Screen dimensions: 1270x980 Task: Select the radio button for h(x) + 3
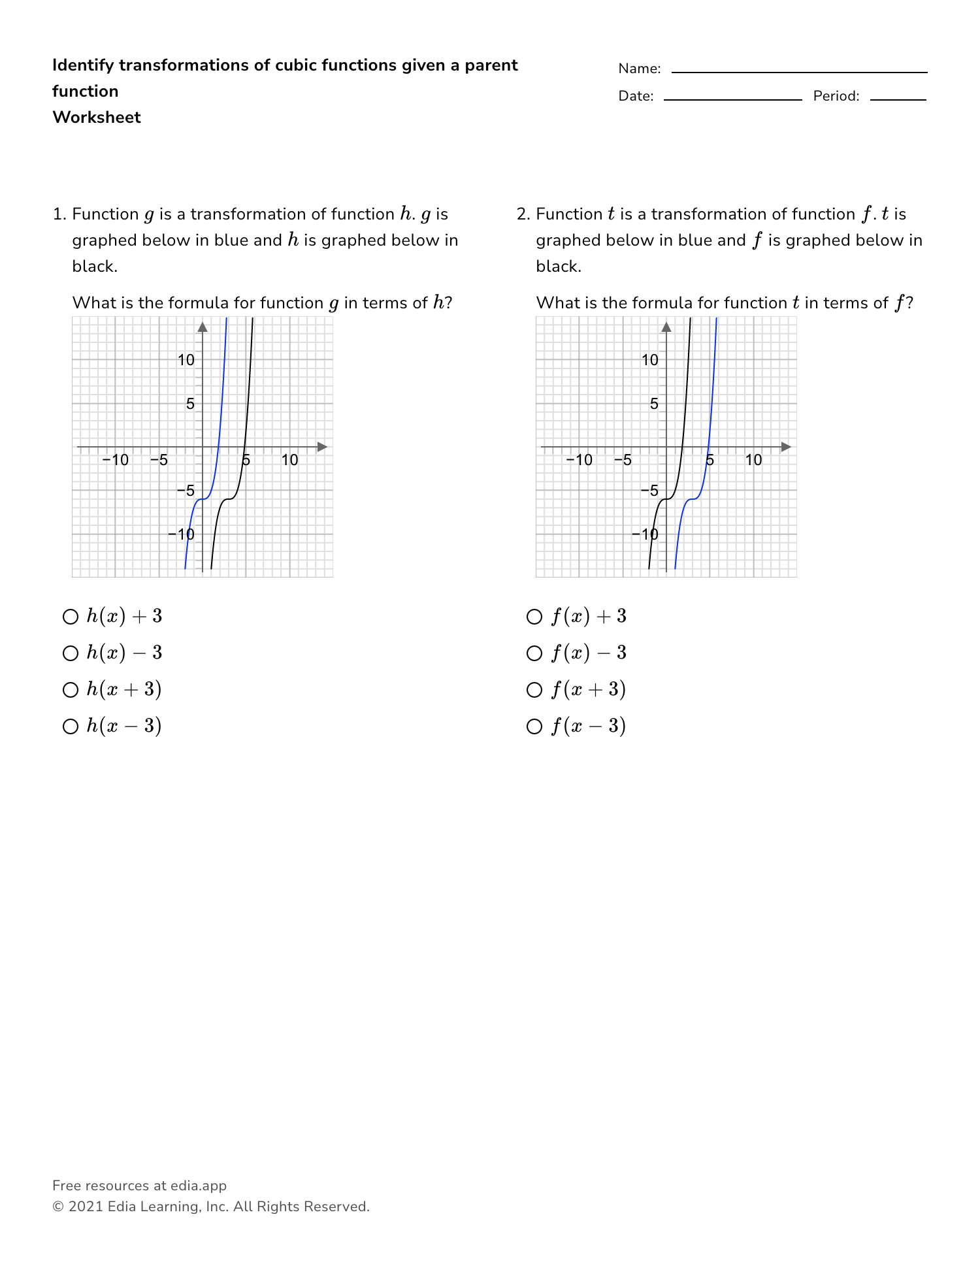[70, 617]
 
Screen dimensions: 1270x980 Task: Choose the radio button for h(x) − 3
[70, 653]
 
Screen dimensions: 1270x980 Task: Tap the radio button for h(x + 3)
[70, 690]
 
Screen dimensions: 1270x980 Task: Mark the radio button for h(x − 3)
[70, 726]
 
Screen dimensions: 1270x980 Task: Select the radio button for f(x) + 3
[534, 617]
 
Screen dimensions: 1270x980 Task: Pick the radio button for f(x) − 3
[534, 653]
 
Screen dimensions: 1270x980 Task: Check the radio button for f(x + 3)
[534, 690]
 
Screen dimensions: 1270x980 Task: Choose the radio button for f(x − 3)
[534, 726]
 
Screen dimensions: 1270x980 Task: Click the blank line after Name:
[798, 71]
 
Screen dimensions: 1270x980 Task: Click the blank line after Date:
[732, 98]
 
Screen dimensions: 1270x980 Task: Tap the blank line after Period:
[898, 98]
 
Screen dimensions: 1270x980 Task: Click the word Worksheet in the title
[97, 118]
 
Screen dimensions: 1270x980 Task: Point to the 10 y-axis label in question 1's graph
[186, 360]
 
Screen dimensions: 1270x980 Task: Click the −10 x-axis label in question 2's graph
[579, 460]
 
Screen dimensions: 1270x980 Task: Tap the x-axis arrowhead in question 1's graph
[322, 447]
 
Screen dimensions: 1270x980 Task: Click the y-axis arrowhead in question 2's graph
[666, 327]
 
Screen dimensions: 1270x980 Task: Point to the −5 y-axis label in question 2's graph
[649, 491]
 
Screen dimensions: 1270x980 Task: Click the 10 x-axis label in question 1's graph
[289, 460]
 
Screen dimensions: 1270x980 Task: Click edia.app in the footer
[199, 1186]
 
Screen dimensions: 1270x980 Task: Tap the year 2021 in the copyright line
[86, 1207]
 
